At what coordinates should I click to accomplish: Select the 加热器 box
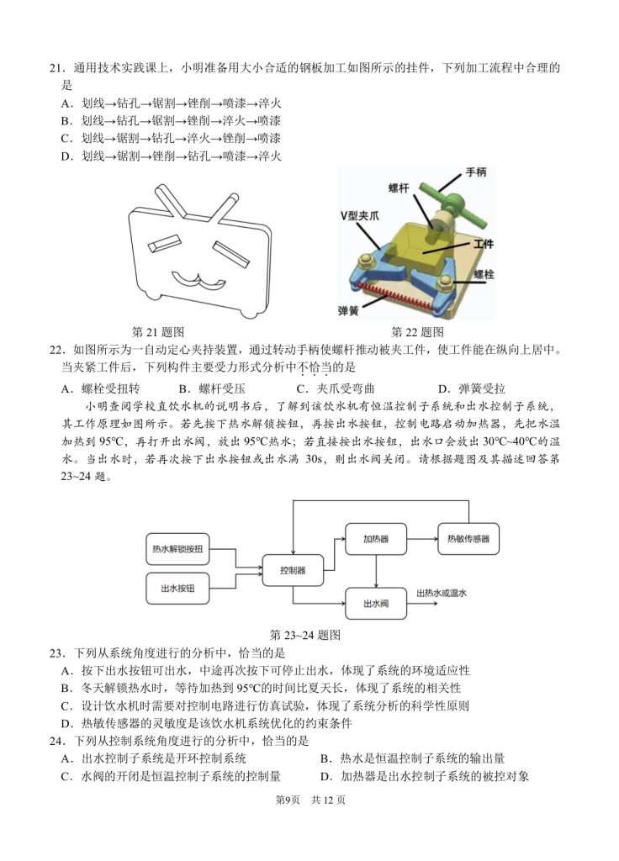pos(375,538)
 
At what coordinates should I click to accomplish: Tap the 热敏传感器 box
pos(468,538)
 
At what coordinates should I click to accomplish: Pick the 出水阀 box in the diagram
pos(375,603)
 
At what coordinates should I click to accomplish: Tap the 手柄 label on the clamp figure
pos(475,172)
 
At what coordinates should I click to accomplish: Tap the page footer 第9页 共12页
pos(311,800)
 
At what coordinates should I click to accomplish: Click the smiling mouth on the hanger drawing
pos(192,276)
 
